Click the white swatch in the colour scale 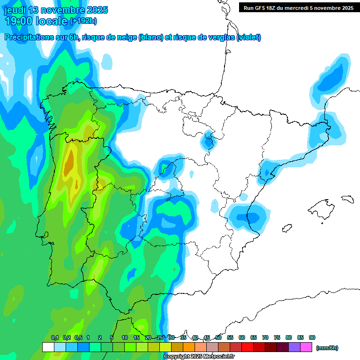48,347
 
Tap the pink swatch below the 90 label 306,347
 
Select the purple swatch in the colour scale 294,347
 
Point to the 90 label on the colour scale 312,337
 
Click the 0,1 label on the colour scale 55,337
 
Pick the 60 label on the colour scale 242,337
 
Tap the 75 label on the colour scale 277,337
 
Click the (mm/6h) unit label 327,348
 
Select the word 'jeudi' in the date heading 15,10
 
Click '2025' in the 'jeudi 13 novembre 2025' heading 95,10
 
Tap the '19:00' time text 18,21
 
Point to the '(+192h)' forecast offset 83,21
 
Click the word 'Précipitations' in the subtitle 27,37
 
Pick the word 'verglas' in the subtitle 219,37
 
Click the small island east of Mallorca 347,199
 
